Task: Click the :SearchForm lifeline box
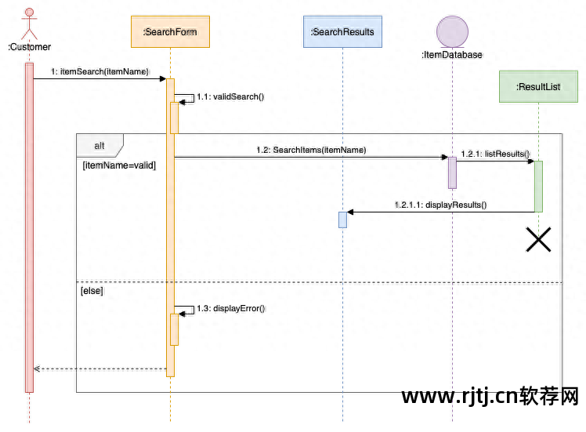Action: [170, 32]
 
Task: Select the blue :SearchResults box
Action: [342, 32]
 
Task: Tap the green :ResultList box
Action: [538, 86]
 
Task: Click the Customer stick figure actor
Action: [29, 24]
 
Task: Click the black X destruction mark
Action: [538, 239]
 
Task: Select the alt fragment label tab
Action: [99, 145]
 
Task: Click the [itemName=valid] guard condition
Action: [119, 165]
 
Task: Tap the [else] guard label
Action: [92, 291]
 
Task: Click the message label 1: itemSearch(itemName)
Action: [99, 71]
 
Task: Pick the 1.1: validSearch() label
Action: [230, 96]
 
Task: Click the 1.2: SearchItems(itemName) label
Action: [311, 149]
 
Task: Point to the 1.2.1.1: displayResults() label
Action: [440, 205]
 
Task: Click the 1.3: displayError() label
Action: [231, 308]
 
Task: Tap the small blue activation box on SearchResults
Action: [342, 220]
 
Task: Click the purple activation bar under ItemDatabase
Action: [452, 172]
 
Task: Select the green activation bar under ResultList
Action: [538, 186]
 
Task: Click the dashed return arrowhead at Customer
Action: [37, 368]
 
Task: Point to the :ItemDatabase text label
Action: [452, 55]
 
